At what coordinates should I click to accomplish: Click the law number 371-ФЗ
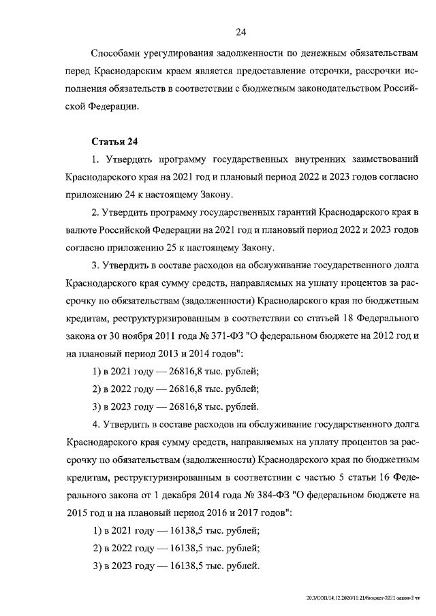tap(207, 336)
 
